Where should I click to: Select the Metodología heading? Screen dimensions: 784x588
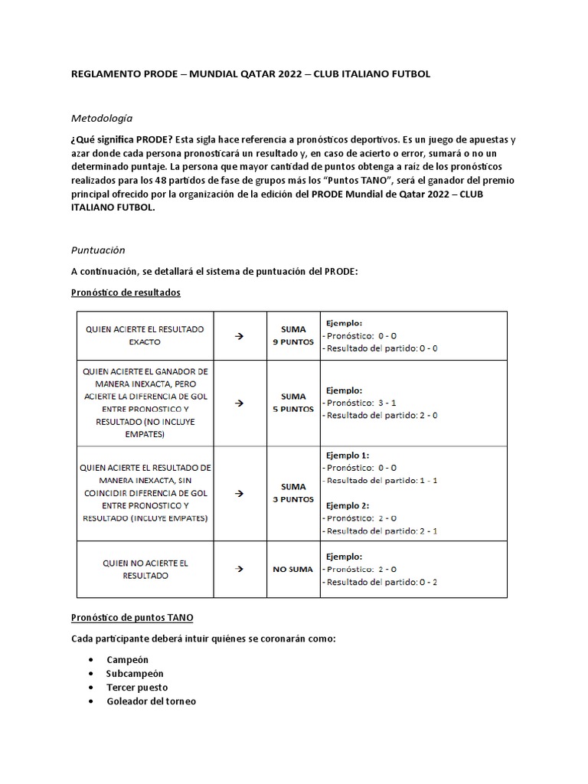point(102,118)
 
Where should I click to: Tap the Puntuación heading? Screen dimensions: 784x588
point(98,250)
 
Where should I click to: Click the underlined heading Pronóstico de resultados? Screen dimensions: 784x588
point(126,292)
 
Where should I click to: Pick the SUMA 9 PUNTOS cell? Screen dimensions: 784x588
point(293,335)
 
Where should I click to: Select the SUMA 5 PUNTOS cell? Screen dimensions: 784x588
point(293,403)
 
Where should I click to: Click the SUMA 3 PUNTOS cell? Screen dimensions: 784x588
point(293,492)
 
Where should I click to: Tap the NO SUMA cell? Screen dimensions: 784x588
point(293,570)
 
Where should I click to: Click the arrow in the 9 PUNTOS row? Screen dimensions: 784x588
point(238,336)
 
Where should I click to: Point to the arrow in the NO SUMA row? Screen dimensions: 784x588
point(238,570)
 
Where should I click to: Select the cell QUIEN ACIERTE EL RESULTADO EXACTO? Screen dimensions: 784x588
point(145,335)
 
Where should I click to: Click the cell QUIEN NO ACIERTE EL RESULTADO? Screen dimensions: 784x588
point(145,569)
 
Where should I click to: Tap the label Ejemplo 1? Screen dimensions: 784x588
point(348,454)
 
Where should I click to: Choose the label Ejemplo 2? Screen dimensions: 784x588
point(348,505)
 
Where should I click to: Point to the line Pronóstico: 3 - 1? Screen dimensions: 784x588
point(359,402)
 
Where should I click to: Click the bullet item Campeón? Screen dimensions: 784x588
point(127,659)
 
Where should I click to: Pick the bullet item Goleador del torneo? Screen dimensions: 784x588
point(151,701)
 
